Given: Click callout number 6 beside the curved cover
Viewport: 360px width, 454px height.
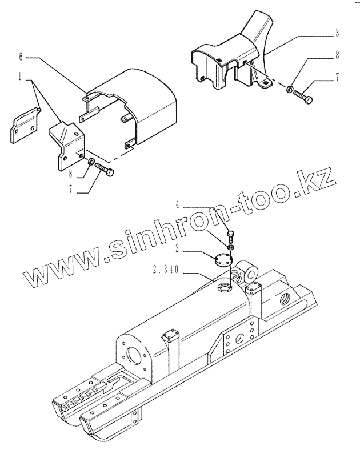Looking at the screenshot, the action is [21, 57].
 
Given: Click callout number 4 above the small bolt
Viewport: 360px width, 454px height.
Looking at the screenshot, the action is [178, 203].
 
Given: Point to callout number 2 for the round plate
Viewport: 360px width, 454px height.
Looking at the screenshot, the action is [178, 247].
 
